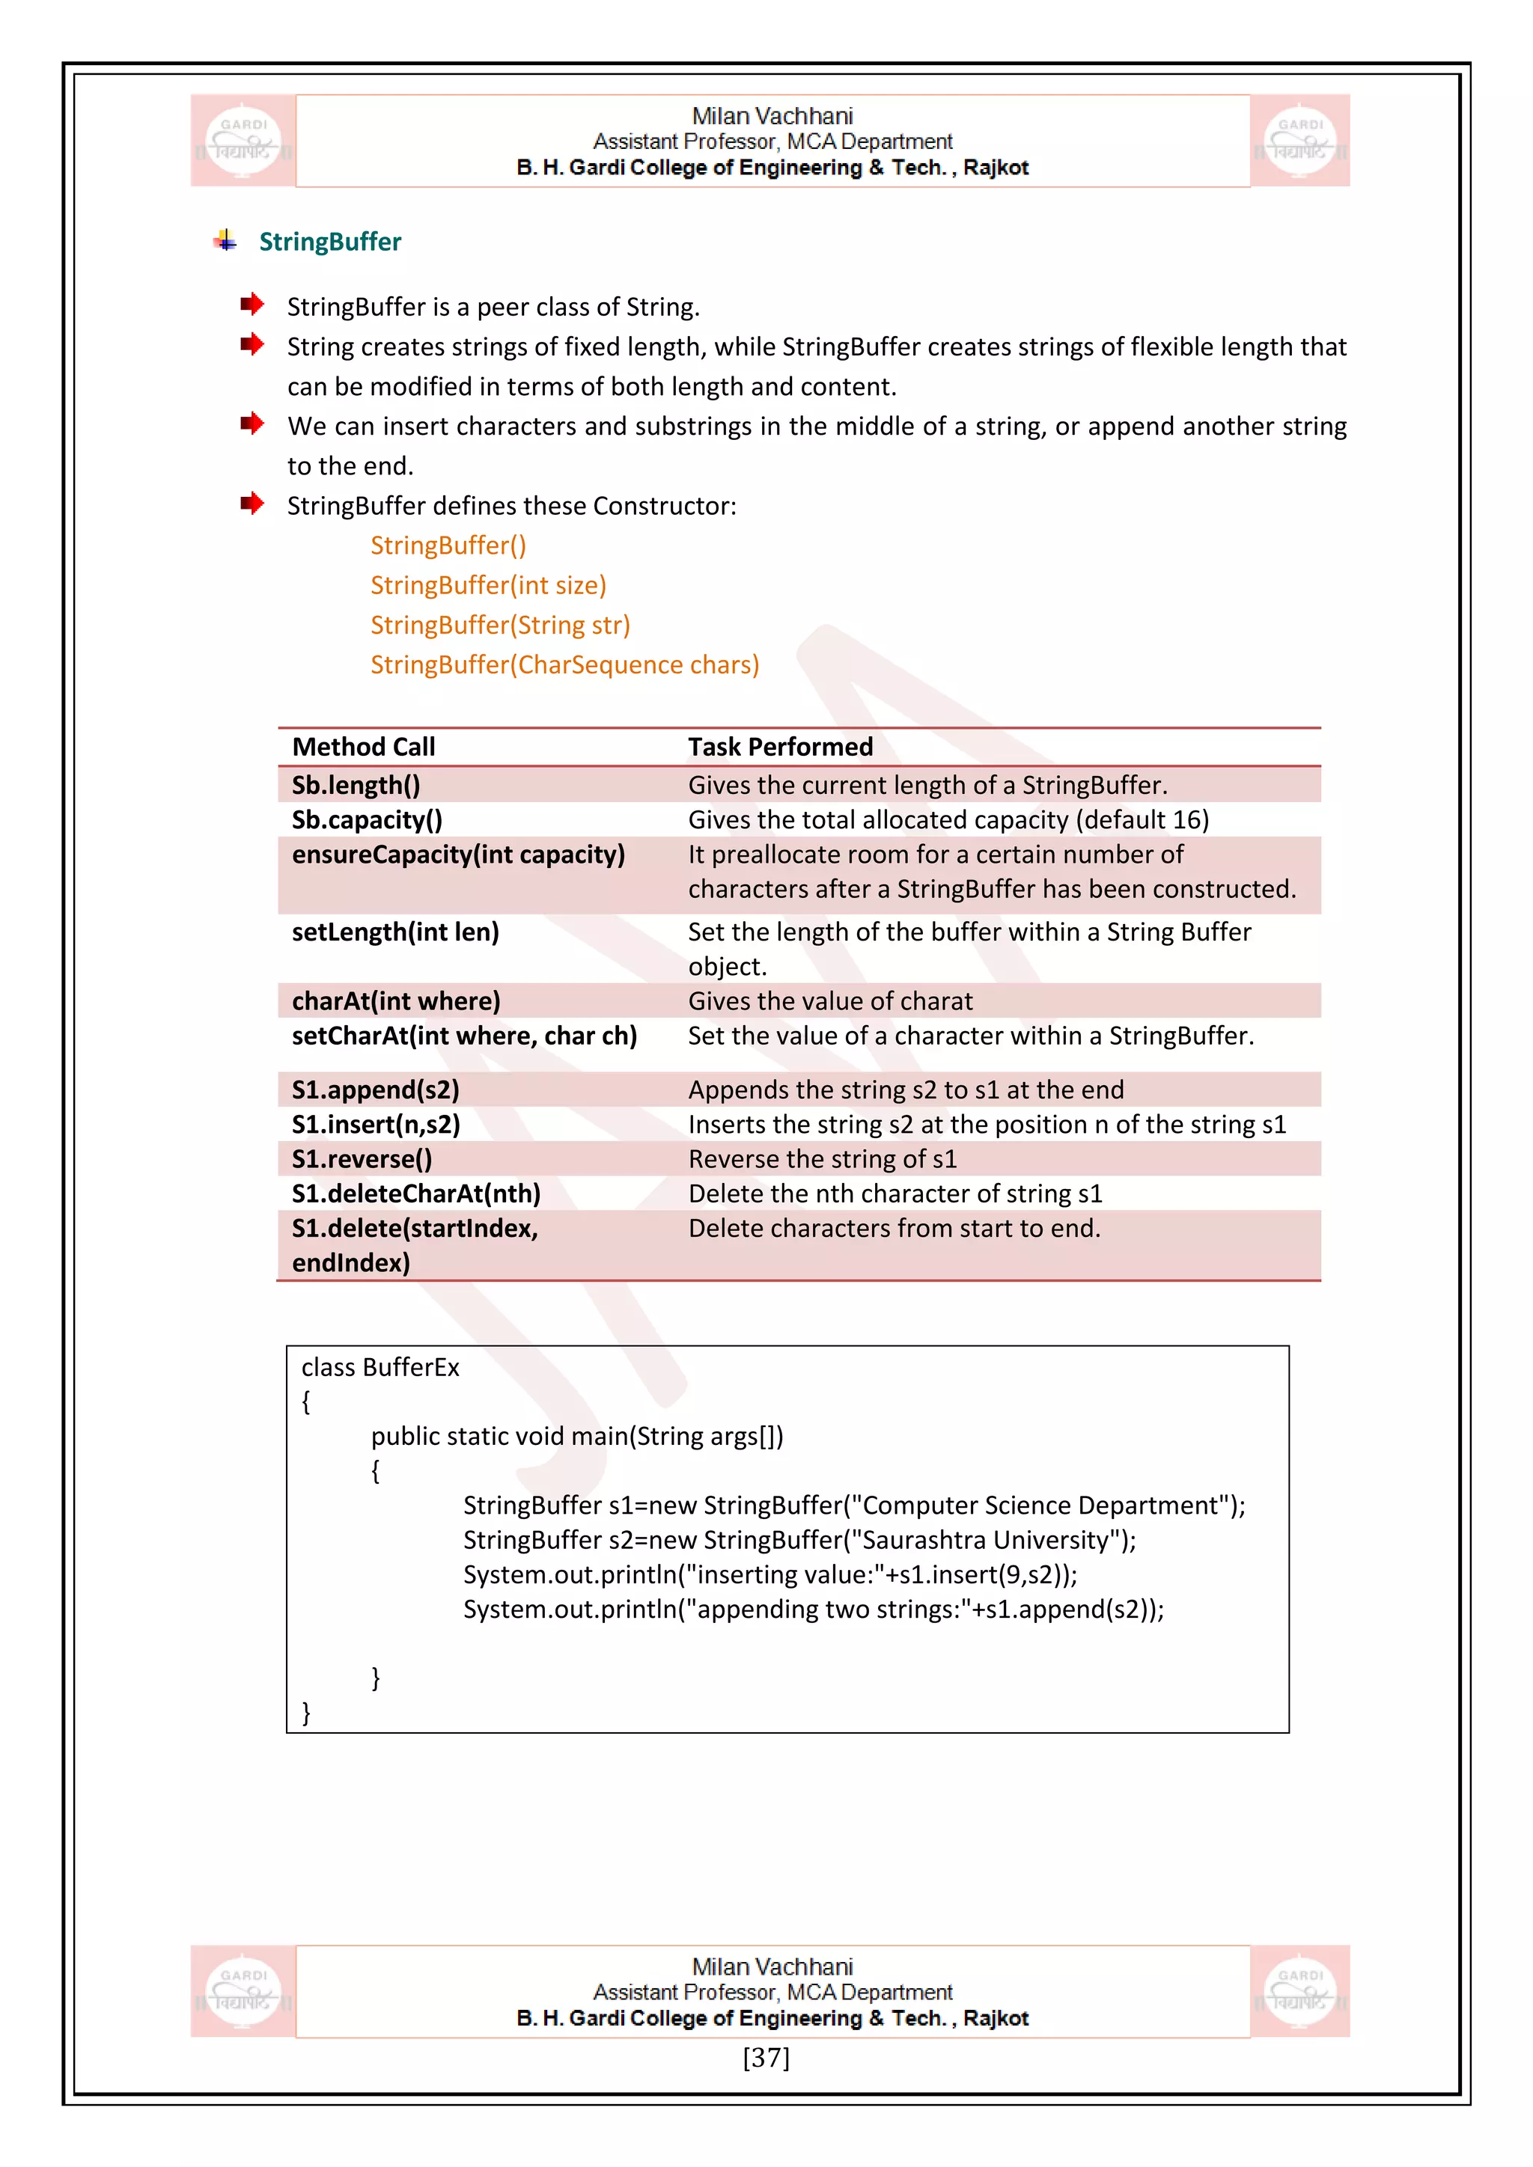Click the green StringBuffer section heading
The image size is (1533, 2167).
[329, 242]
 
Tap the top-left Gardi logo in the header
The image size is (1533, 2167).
[243, 141]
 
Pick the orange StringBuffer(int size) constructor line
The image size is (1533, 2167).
[488, 585]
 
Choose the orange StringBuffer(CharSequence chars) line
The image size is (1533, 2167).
[564, 664]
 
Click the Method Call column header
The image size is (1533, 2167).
[364, 747]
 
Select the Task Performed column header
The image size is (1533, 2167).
[780, 747]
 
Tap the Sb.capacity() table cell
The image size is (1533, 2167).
[368, 819]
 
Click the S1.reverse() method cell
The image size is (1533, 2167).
[362, 1159]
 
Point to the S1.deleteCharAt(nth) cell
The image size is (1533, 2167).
[416, 1194]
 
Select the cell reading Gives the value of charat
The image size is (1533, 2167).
[829, 1000]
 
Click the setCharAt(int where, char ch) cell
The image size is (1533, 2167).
[464, 1036]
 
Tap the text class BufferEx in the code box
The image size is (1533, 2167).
[380, 1368]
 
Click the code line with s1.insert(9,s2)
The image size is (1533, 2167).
[769, 1574]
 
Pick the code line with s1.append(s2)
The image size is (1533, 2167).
[813, 1610]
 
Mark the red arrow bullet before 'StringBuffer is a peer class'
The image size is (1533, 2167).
[251, 304]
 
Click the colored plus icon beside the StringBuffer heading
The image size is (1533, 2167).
[225, 241]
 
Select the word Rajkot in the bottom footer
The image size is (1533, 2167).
[995, 2018]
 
